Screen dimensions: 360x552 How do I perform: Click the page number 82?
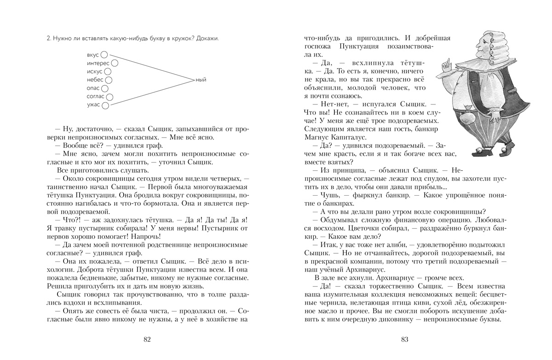click(x=147, y=340)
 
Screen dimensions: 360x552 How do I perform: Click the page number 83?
click(x=405, y=340)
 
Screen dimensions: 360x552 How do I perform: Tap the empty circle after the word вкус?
click(x=104, y=55)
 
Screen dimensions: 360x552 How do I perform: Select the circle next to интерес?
click(x=114, y=63)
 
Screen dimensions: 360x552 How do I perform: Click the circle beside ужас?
click(x=105, y=105)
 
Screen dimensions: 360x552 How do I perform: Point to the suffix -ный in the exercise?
click(x=201, y=80)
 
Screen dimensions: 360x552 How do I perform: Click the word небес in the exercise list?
click(x=95, y=80)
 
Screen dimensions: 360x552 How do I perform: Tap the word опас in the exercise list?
click(x=93, y=88)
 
